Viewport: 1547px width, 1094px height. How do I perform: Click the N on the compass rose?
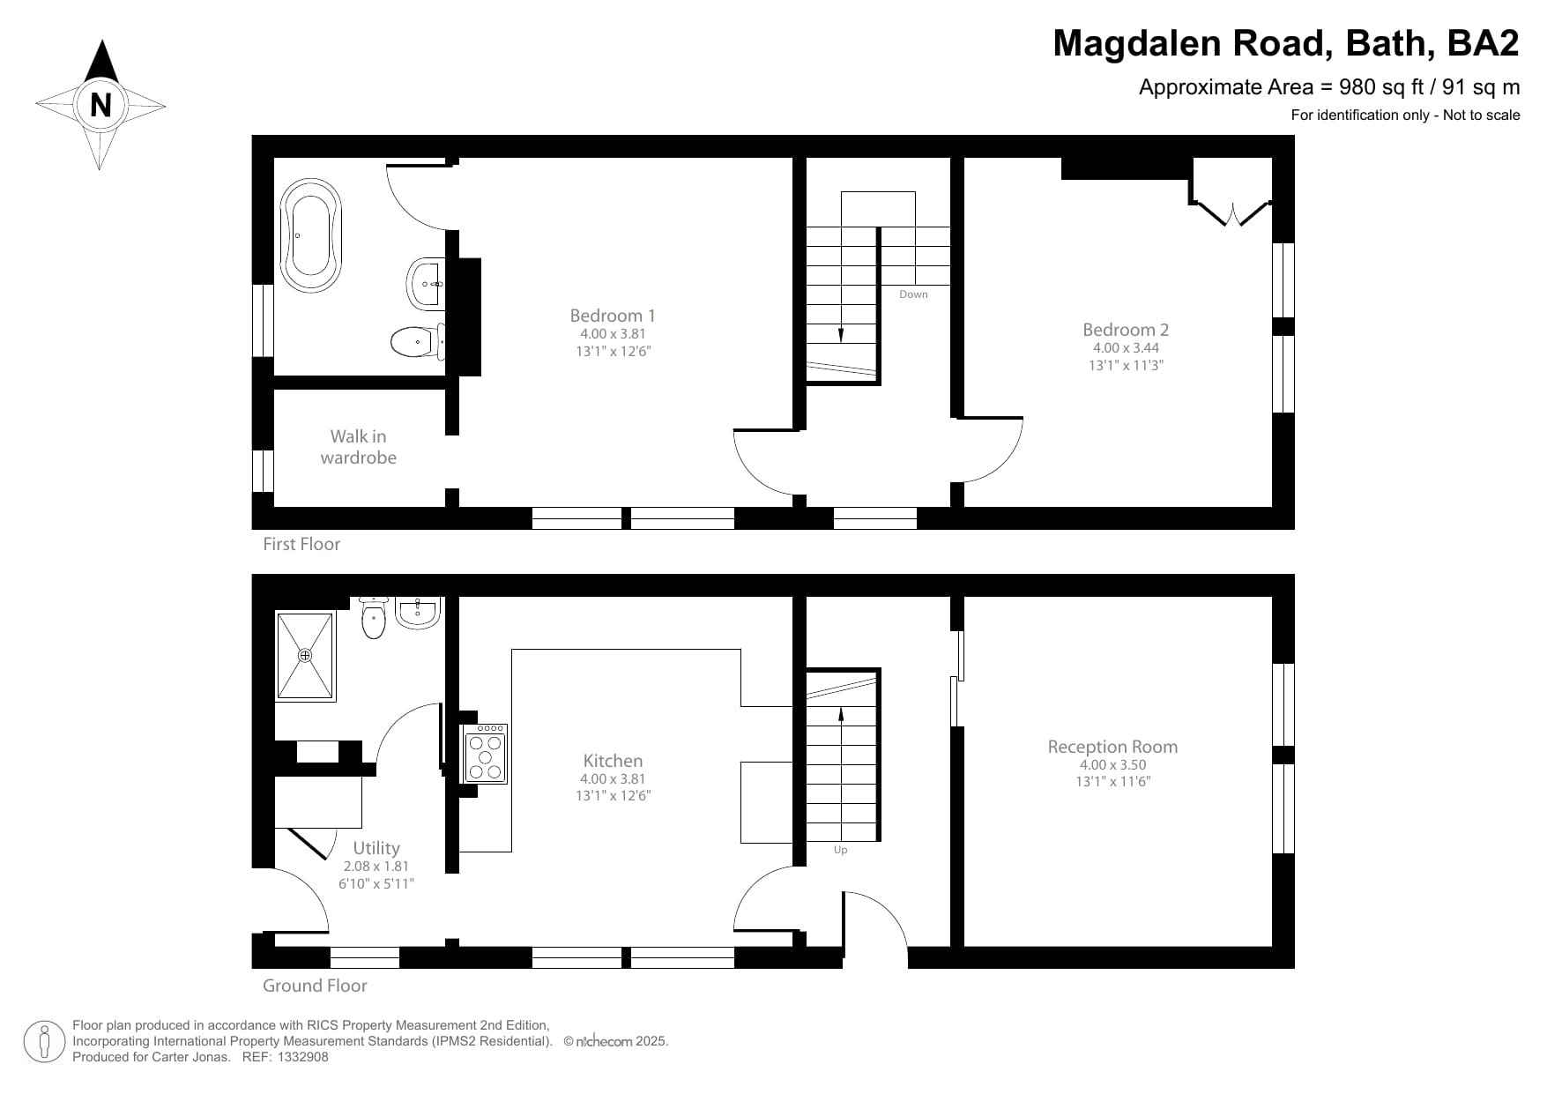[100, 106]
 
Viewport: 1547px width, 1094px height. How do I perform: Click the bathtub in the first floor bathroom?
[310, 235]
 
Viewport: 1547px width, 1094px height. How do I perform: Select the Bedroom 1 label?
[613, 316]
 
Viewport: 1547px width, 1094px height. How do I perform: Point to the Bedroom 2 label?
[1126, 330]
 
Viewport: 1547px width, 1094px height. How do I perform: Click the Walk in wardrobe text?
[358, 447]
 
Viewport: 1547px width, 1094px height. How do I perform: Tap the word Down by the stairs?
[913, 294]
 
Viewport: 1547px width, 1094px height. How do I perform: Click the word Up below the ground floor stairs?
[840, 851]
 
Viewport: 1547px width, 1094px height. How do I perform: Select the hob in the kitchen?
[486, 755]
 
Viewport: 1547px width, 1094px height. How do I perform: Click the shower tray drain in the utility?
[305, 656]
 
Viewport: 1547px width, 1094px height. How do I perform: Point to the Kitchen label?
[613, 761]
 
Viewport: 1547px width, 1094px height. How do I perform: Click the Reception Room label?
[1112, 747]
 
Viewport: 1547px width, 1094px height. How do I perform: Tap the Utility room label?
[376, 848]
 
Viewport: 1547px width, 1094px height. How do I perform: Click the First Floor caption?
[301, 544]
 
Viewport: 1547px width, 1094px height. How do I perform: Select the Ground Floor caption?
[315, 986]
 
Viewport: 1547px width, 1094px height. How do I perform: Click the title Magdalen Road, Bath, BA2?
[1285, 43]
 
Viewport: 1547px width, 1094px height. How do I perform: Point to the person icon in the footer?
[45, 1042]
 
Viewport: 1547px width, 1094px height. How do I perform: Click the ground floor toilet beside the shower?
[374, 618]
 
